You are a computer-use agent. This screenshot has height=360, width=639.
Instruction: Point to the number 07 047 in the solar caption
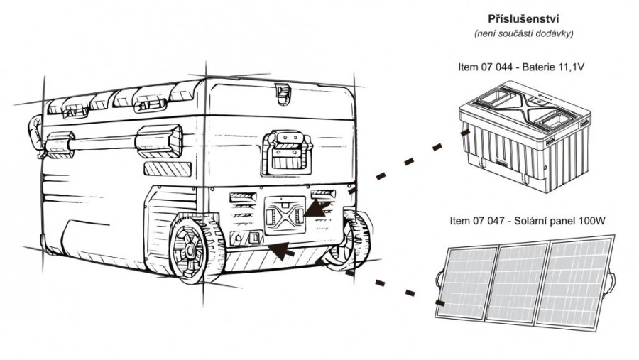(495, 221)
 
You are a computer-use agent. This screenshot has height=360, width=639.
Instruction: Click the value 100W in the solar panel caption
(594, 221)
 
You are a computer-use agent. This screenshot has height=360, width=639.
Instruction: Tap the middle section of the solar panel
(522, 285)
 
